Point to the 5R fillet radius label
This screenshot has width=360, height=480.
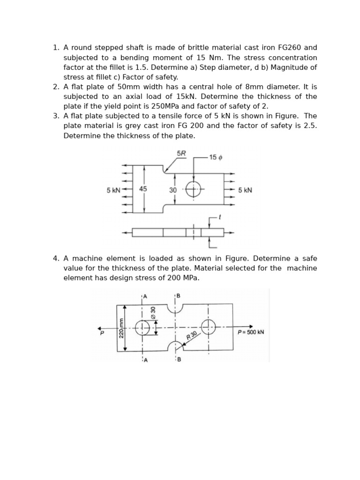point(181,153)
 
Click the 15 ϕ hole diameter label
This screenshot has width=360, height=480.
point(216,157)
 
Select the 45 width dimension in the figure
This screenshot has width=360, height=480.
point(143,189)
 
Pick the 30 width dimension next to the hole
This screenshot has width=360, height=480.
point(173,190)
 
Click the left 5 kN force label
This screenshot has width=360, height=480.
point(113,190)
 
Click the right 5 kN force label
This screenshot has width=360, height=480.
point(245,190)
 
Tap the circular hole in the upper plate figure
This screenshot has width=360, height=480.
point(193,189)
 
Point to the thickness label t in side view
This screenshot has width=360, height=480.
point(220,217)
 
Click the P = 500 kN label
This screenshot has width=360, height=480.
point(251,332)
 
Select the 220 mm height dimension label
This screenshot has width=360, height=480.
point(121,328)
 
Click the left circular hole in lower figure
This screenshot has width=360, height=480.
point(142,328)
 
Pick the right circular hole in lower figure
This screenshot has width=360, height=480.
point(208,327)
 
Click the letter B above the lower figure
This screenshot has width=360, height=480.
point(178,295)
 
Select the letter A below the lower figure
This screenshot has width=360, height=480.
point(145,360)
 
